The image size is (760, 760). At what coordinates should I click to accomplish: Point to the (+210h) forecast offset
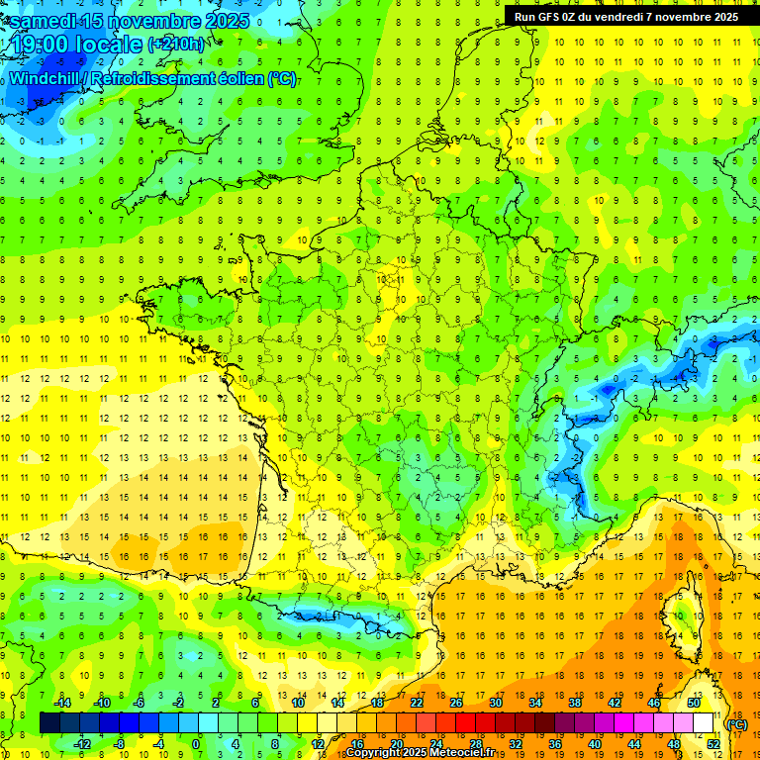pyautogui.click(x=176, y=45)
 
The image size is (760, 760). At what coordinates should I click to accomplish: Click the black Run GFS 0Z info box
pyautogui.click(x=625, y=16)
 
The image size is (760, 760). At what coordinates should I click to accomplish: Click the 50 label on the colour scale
pyautogui.click(x=694, y=703)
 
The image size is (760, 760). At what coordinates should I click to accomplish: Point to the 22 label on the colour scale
pyautogui.click(x=417, y=703)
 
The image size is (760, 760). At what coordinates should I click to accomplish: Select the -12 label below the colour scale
pyautogui.click(x=81, y=744)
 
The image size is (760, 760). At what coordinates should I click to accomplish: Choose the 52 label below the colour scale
pyautogui.click(x=713, y=744)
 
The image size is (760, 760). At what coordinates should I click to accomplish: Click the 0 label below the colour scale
pyautogui.click(x=197, y=744)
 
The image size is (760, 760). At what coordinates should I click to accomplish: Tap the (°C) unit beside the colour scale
pyautogui.click(x=737, y=724)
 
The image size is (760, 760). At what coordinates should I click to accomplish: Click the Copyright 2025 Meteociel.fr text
pyautogui.click(x=421, y=753)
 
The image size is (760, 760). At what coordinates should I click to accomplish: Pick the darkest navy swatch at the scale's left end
pyautogui.click(x=49, y=723)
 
